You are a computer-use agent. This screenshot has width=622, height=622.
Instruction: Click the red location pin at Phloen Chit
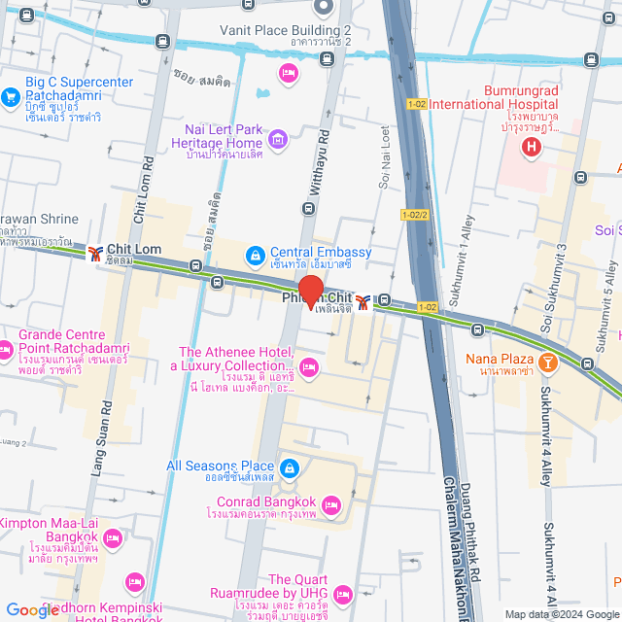pos(310,291)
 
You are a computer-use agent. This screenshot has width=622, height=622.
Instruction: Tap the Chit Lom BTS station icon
pos(94,253)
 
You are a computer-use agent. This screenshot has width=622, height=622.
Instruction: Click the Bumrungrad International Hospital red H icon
pos(531,148)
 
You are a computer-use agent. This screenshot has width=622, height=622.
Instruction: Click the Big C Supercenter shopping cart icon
pos(11,96)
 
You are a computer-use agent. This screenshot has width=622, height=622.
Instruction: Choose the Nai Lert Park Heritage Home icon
pos(279,140)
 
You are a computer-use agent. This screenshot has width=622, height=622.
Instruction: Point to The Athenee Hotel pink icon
pos(309,366)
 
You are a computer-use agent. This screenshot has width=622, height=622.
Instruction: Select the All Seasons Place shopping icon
pos(290,467)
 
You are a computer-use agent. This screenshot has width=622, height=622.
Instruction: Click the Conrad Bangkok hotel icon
pos(331,503)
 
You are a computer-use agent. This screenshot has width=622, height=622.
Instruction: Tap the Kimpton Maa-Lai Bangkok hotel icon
pos(113,536)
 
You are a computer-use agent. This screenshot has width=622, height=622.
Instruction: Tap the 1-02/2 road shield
pos(414,215)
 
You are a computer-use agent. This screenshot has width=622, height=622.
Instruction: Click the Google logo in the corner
pos(32,610)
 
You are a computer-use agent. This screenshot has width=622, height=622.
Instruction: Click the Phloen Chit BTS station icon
pos(362,302)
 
